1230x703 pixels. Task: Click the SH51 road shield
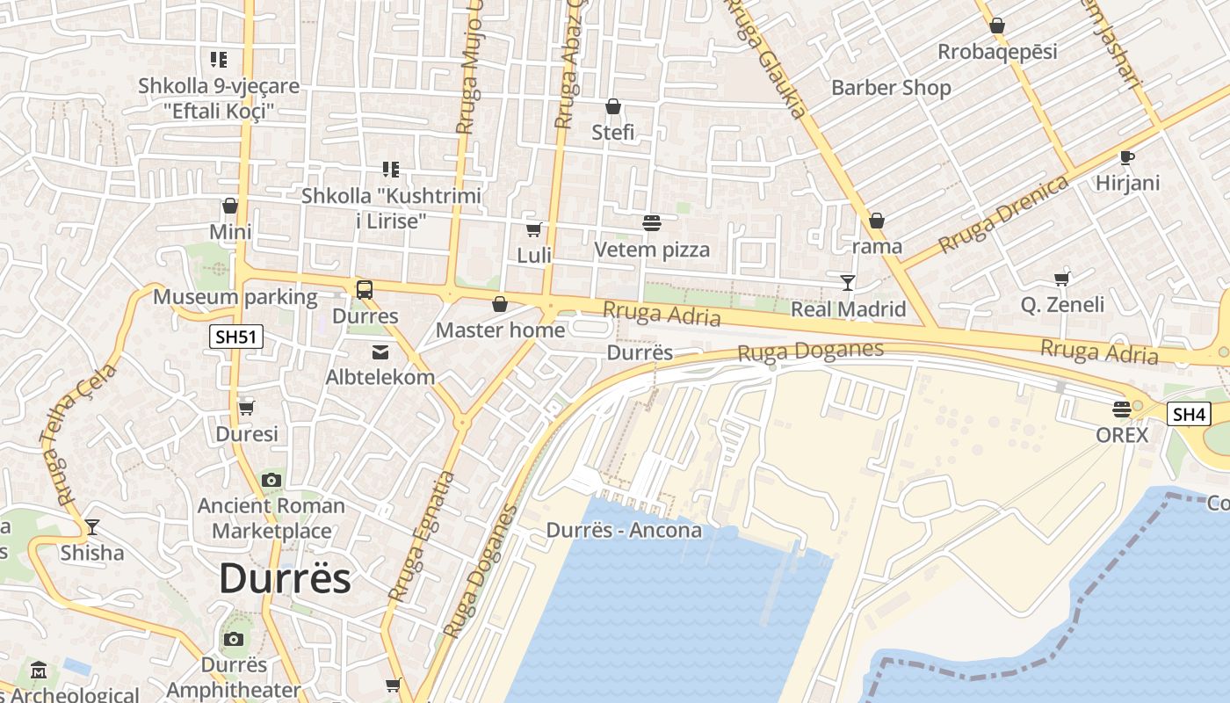(x=237, y=337)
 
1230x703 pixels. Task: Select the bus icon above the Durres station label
(x=364, y=289)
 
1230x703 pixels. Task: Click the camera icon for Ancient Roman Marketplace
(x=271, y=480)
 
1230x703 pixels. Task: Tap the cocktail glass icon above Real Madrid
(x=848, y=282)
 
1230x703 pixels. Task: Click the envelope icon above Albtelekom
(x=380, y=352)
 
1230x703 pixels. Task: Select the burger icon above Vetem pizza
(x=651, y=223)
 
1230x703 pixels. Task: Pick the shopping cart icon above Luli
(x=533, y=229)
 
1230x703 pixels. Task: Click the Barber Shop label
(x=891, y=88)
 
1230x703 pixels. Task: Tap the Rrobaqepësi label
(x=997, y=52)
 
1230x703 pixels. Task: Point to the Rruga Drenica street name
(x=1003, y=214)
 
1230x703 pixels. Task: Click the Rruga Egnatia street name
(x=423, y=536)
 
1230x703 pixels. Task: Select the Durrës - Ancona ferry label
(x=624, y=530)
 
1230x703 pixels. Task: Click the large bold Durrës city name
(x=285, y=578)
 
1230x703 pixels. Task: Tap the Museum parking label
(x=235, y=297)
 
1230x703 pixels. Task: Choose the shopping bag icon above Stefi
(x=613, y=107)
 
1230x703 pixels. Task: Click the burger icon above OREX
(x=1121, y=409)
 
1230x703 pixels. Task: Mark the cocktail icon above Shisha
(x=91, y=527)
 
